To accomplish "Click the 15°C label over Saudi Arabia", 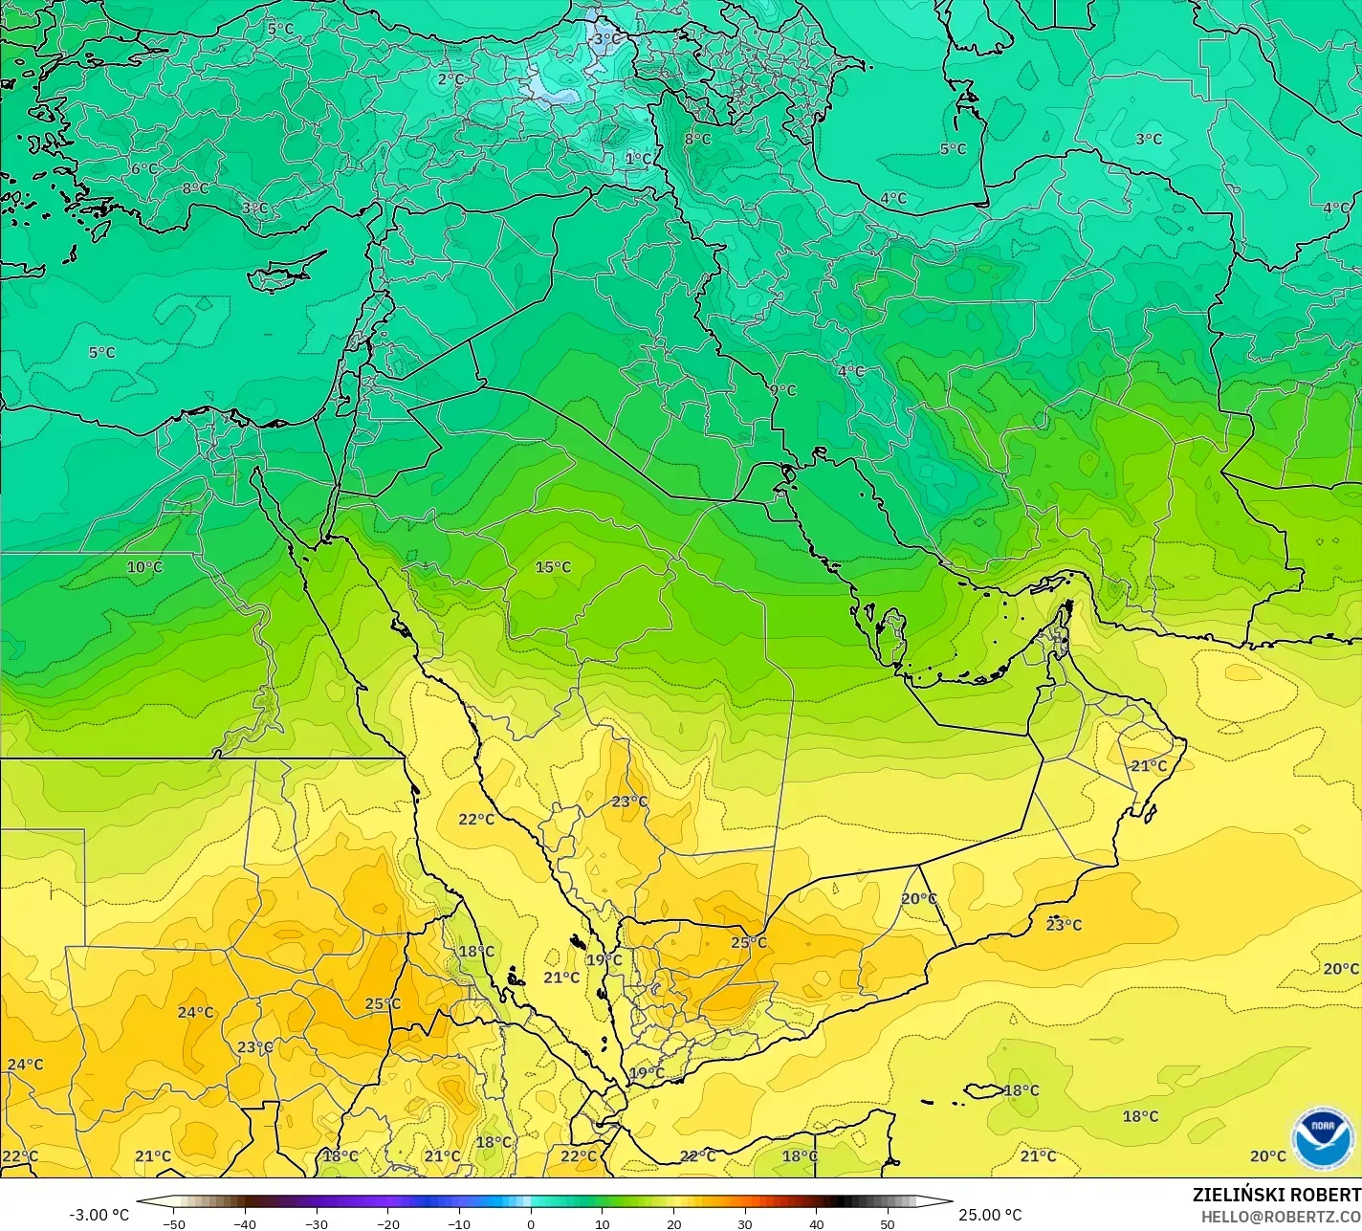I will (x=553, y=567).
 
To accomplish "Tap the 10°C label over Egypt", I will (x=144, y=567).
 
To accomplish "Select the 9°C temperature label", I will (x=782, y=390).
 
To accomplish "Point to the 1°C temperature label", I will (x=638, y=159).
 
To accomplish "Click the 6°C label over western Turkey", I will (x=144, y=169).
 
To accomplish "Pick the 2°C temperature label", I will (x=450, y=79).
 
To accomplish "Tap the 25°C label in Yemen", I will (x=749, y=942).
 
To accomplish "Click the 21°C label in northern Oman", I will (x=1149, y=766).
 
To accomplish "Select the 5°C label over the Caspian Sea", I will (x=953, y=149).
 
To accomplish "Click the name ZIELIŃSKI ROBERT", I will (x=1276, y=1195).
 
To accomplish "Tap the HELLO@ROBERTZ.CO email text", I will (x=1281, y=1217).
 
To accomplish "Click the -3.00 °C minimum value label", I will (x=99, y=1215).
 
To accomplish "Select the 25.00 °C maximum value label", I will (x=990, y=1215).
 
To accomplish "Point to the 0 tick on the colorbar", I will (x=531, y=1223).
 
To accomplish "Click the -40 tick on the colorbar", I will (x=245, y=1223).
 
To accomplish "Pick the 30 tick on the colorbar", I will (x=745, y=1223).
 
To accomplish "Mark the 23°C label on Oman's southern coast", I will (x=1064, y=925).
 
